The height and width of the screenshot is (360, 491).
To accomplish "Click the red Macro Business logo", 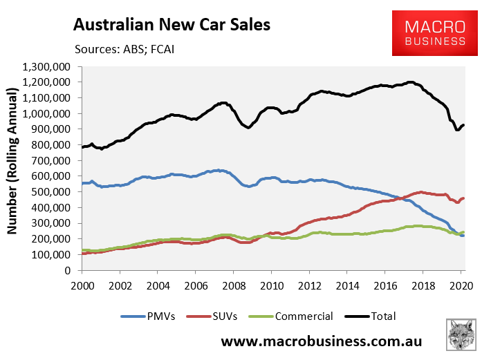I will pos(435,33).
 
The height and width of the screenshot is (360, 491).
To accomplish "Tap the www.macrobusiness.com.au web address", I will pos(322,342).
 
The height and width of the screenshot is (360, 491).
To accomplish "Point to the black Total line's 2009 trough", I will pos(247,127).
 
